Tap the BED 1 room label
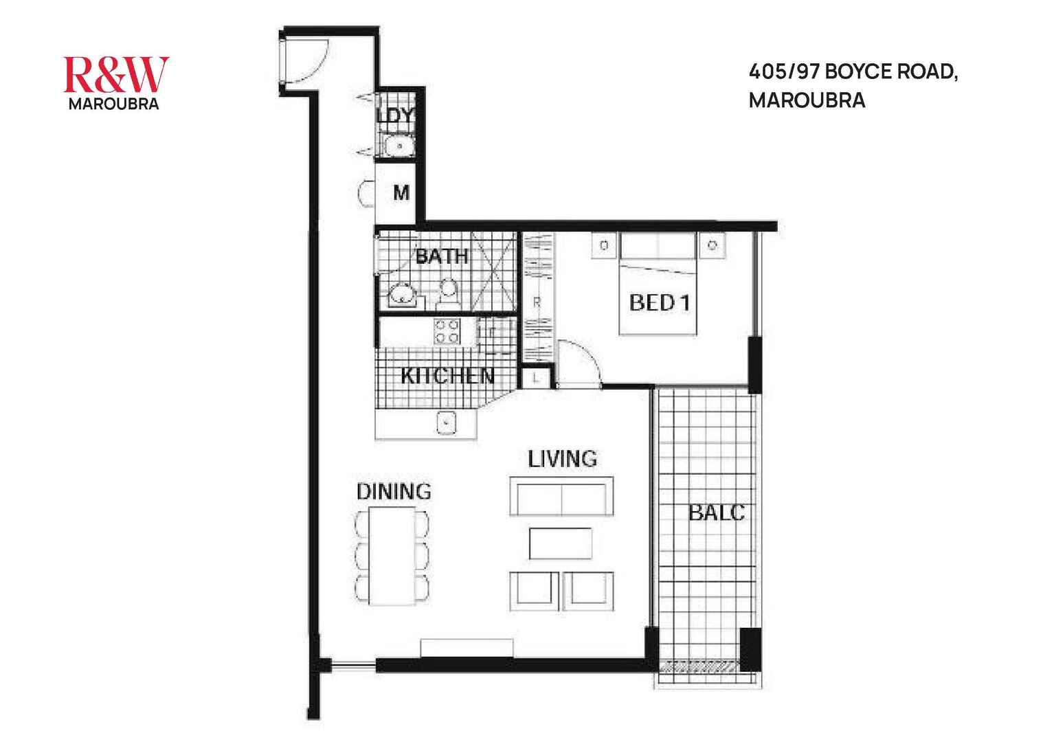(x=659, y=302)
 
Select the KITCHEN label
(x=447, y=376)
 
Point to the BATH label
(x=442, y=257)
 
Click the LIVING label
(x=562, y=459)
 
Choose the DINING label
(x=394, y=492)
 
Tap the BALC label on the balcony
(x=717, y=512)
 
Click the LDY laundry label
(x=397, y=115)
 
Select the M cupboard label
(x=401, y=194)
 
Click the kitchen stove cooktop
(x=446, y=332)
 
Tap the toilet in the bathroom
(x=449, y=292)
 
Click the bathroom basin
(x=400, y=296)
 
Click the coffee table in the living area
(x=561, y=543)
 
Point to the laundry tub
(x=398, y=146)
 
